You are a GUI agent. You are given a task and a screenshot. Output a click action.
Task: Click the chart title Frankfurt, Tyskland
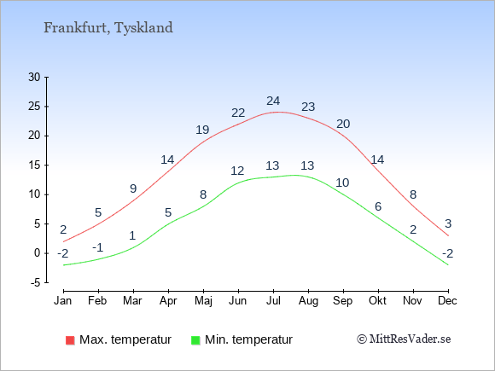click(108, 28)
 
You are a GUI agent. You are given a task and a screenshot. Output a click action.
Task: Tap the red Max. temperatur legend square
click(70, 340)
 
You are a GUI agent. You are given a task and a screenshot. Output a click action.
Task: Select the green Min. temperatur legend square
click(195, 340)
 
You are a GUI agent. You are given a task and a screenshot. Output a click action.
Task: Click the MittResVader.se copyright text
click(404, 339)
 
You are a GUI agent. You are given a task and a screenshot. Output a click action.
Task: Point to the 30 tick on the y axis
click(34, 77)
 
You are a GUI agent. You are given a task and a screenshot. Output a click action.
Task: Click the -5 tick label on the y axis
click(36, 282)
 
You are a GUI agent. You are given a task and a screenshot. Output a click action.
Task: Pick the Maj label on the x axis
click(203, 301)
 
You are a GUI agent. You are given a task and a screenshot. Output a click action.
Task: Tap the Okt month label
click(377, 300)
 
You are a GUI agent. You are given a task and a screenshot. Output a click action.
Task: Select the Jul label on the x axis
click(273, 300)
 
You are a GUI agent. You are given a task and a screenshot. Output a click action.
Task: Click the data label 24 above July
click(273, 101)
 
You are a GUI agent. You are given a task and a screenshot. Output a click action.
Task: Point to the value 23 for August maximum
click(308, 107)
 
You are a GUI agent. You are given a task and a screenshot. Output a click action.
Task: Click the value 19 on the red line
click(202, 130)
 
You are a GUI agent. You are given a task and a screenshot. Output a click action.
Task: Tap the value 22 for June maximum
click(238, 113)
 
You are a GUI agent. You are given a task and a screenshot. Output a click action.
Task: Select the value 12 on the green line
click(237, 171)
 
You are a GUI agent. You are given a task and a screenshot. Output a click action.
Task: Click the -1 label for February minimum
click(98, 247)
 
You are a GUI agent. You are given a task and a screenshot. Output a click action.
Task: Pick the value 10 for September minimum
click(342, 183)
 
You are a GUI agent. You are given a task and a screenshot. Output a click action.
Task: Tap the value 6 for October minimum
click(378, 206)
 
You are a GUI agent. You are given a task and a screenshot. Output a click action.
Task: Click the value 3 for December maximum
click(448, 223)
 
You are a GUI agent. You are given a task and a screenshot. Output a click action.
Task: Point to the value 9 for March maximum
click(133, 188)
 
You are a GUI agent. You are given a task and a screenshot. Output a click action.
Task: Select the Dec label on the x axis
click(448, 300)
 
